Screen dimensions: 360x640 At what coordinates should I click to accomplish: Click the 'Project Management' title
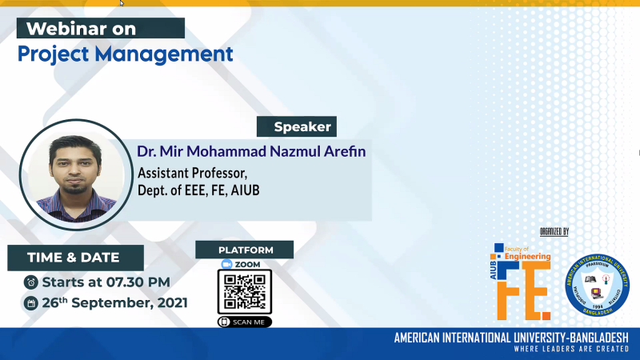(x=126, y=54)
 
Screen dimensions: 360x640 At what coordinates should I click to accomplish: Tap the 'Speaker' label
(x=296, y=126)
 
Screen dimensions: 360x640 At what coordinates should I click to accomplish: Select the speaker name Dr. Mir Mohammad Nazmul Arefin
(x=251, y=151)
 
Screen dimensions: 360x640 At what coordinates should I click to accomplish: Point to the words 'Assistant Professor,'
(x=194, y=172)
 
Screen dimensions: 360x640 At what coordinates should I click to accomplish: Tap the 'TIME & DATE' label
(x=74, y=258)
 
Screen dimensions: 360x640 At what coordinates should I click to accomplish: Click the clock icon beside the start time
(x=30, y=282)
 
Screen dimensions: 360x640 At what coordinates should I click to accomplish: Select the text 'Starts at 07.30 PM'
(x=106, y=282)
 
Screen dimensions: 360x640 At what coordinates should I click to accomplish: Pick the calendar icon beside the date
(x=30, y=303)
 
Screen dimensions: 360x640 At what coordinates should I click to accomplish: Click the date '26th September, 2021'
(x=115, y=302)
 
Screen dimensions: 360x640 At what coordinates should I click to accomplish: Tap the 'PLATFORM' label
(x=245, y=250)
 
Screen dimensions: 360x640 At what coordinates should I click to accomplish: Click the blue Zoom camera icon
(x=226, y=264)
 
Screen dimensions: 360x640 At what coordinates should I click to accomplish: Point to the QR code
(x=245, y=292)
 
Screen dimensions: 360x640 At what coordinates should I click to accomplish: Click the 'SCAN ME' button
(x=245, y=322)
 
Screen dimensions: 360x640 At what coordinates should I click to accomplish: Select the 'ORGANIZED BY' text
(x=554, y=232)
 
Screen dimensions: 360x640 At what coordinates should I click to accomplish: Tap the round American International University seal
(x=597, y=284)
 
